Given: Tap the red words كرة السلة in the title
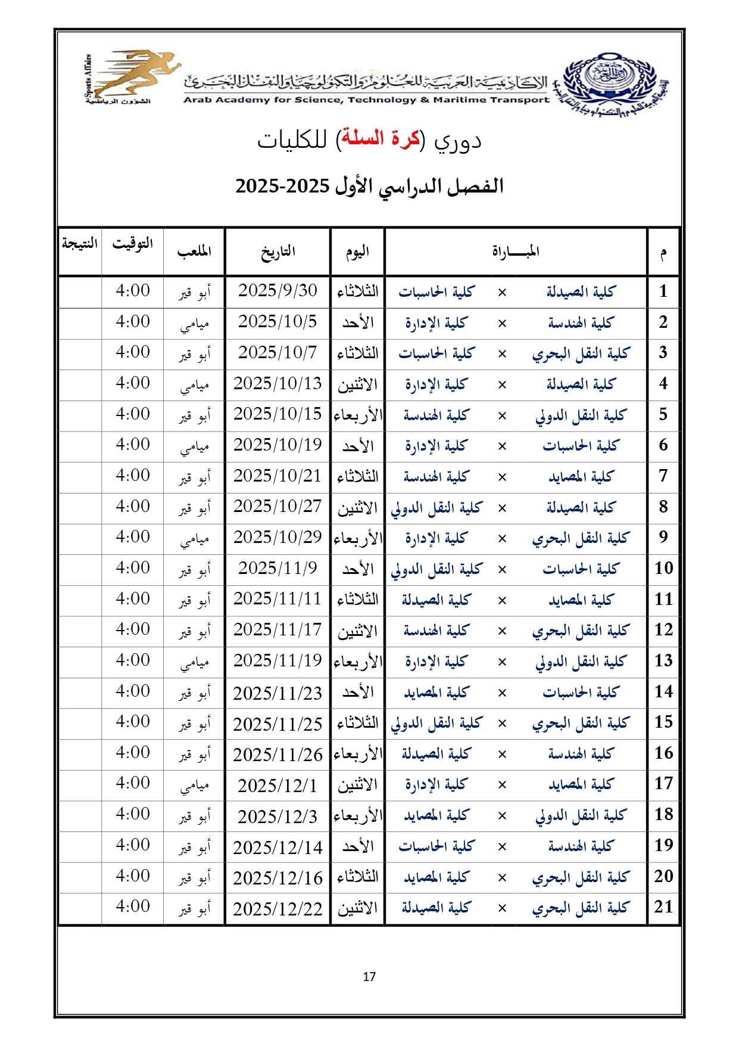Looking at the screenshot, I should [379, 139].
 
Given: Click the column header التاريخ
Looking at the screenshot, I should [277, 252].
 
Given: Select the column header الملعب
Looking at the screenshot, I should [194, 252].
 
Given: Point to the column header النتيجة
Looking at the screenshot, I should [80, 244].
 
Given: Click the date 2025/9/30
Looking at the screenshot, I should [277, 291].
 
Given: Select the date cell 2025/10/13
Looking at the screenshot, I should [277, 383].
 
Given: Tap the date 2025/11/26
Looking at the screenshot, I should [277, 755].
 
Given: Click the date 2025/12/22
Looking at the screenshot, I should [277, 908].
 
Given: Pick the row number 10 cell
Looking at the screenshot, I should [663, 568].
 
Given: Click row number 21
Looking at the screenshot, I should [663, 907].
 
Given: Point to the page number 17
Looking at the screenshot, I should [369, 977].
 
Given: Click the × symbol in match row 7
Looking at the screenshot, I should [502, 477].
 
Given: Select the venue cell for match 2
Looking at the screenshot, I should [194, 323].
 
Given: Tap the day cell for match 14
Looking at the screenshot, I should [358, 692].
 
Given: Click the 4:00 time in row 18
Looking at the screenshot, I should [133, 814].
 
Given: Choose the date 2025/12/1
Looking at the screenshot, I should [277, 786].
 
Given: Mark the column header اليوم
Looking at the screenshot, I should [358, 252].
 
